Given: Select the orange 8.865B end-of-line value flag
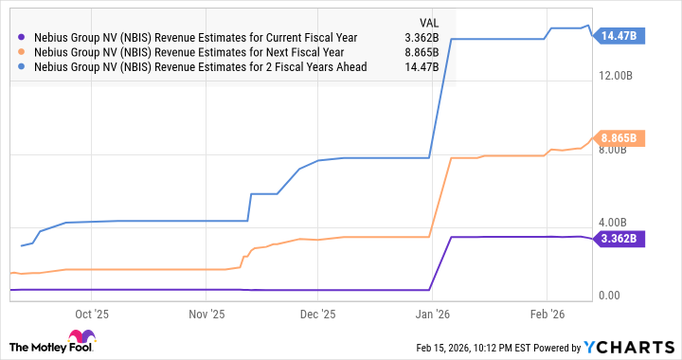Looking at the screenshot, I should (x=619, y=138).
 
